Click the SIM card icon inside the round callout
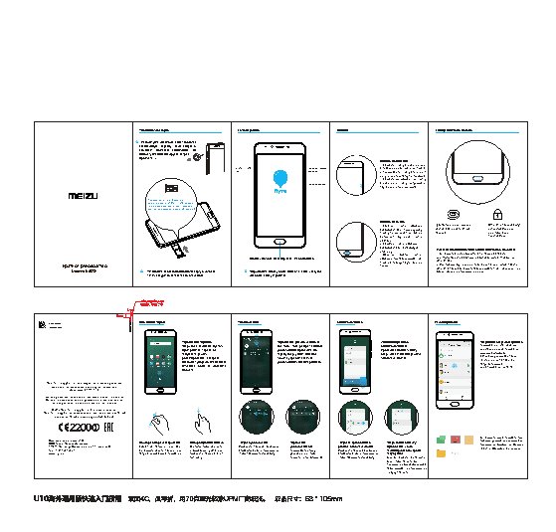172,189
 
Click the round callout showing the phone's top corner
355,176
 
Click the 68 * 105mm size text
322,498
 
